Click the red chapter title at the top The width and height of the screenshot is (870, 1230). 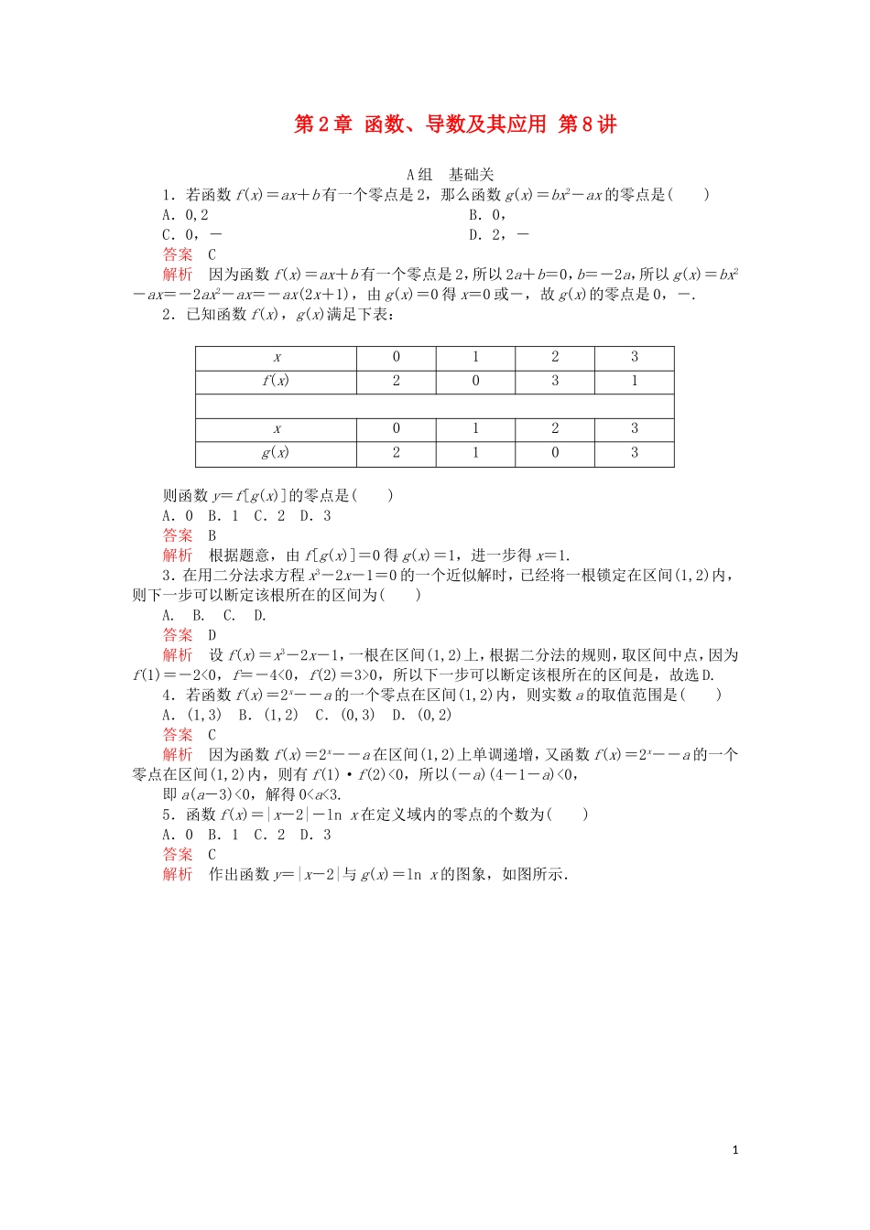pos(455,124)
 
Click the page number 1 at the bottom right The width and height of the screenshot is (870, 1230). pos(735,1149)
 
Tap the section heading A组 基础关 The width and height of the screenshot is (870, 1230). pos(451,174)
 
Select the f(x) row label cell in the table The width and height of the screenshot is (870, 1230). pos(276,381)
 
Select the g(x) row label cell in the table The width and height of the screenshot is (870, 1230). pos(276,452)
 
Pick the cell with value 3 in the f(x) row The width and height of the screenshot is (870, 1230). pos(555,381)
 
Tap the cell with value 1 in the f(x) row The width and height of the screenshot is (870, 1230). pos(635,381)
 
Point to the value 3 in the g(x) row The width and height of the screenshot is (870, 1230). pos(635,452)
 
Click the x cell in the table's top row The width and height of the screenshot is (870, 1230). pos(277,357)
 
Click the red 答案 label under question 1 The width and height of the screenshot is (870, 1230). pos(178,254)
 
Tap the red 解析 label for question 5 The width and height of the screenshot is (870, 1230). pos(178,874)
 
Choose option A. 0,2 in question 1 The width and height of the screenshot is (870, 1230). pos(186,215)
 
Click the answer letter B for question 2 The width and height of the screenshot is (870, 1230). pos(212,535)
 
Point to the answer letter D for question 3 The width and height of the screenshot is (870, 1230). pos(212,635)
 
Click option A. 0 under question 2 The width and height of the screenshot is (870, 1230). pos(178,516)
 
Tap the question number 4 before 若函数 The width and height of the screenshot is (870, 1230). pos(168,695)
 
